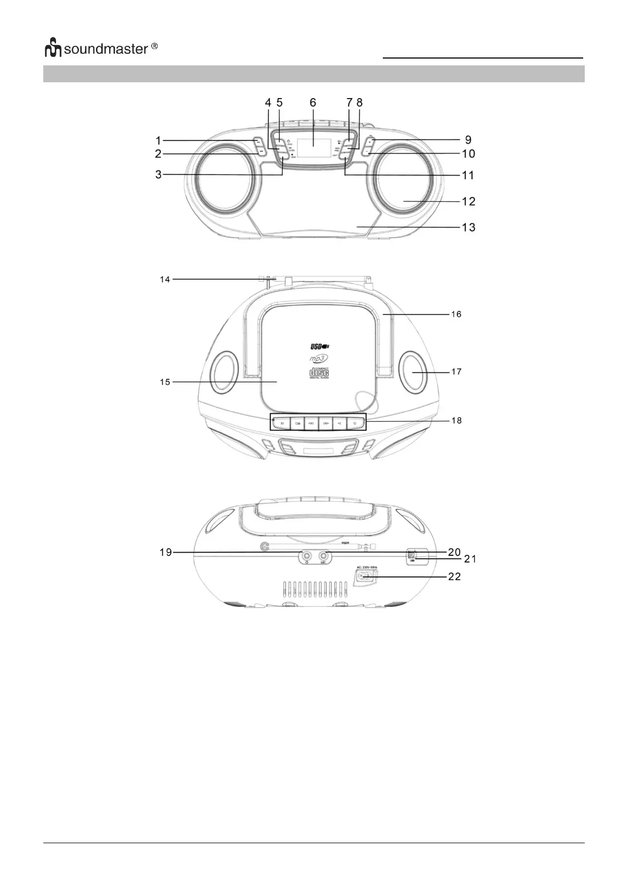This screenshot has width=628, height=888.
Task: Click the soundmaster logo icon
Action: (53, 49)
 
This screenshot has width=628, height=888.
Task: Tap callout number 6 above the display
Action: (313, 102)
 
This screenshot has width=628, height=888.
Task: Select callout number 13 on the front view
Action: (468, 227)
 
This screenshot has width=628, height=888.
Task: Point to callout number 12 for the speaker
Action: (468, 201)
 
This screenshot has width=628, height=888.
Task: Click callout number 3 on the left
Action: (158, 175)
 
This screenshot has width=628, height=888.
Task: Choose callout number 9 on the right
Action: (468, 140)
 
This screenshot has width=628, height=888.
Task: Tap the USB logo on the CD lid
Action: (319, 346)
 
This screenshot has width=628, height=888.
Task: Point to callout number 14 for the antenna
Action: (165, 279)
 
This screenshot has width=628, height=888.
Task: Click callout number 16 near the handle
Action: (456, 314)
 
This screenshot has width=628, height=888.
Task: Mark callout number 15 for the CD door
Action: (165, 382)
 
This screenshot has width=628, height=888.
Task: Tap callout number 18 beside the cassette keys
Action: (456, 420)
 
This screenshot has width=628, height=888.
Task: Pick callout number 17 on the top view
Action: (456, 372)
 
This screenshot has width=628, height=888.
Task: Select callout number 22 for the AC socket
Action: (454, 577)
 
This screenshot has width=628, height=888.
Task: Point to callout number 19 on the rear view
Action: (166, 552)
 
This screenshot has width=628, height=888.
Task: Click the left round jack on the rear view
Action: (306, 555)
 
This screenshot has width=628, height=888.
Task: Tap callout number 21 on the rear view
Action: (470, 559)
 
